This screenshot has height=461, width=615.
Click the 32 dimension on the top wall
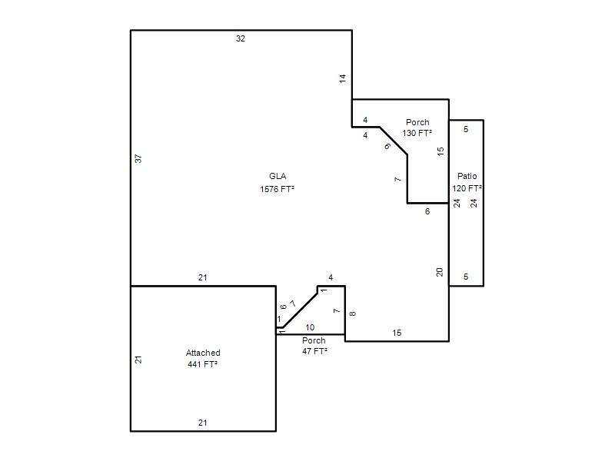click(x=241, y=38)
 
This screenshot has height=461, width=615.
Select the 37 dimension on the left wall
click(x=138, y=159)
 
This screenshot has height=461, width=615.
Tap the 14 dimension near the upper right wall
click(x=343, y=78)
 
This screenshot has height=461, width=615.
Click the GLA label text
click(x=278, y=176)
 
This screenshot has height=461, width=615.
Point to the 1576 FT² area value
click(x=277, y=189)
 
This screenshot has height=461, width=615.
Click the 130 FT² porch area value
click(x=417, y=133)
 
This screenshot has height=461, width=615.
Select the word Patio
click(x=467, y=176)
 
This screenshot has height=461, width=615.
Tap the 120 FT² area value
click(x=467, y=188)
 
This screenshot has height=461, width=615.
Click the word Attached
click(x=203, y=353)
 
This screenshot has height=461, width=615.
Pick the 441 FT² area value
click(x=202, y=364)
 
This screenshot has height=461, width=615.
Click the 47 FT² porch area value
click(x=314, y=351)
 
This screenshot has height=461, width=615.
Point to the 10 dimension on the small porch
click(x=310, y=327)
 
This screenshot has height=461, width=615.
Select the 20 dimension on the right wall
click(x=439, y=272)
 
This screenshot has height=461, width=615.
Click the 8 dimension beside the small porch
click(x=352, y=313)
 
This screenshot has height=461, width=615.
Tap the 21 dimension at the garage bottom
click(x=202, y=423)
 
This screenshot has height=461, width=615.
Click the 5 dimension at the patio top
click(x=466, y=129)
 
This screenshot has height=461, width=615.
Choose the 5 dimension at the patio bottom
click(x=466, y=277)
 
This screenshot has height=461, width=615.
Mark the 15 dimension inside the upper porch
click(x=440, y=151)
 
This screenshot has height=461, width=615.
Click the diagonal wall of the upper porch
click(x=394, y=141)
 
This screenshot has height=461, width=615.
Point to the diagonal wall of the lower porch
click(x=300, y=310)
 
